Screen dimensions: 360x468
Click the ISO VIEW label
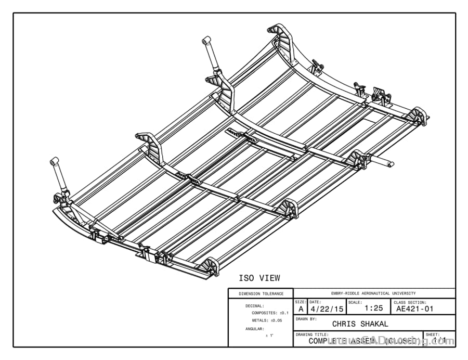(x=259, y=278)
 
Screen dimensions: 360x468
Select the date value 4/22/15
(x=327, y=308)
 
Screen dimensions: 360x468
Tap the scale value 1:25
(x=373, y=308)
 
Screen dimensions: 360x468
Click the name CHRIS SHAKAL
(x=360, y=324)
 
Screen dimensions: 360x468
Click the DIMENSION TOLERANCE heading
(x=261, y=294)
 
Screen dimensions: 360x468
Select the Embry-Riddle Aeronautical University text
(x=373, y=293)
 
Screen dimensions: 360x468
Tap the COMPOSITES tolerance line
(x=270, y=313)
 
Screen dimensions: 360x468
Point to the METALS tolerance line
(x=267, y=320)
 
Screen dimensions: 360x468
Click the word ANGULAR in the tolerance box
(x=255, y=329)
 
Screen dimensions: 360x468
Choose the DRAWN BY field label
(x=306, y=318)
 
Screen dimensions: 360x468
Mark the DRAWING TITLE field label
(x=312, y=335)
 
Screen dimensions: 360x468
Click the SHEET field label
(x=433, y=335)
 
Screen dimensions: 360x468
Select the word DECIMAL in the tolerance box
(x=255, y=306)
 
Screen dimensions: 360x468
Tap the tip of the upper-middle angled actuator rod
(x=206, y=40)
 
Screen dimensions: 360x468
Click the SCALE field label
(x=355, y=302)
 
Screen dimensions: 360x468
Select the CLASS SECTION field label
(x=410, y=302)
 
